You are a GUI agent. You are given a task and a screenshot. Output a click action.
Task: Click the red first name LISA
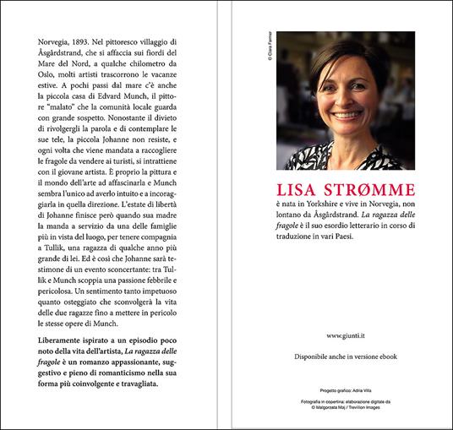pos(296,190)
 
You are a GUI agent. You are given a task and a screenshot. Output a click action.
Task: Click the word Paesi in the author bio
pos(387,243)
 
